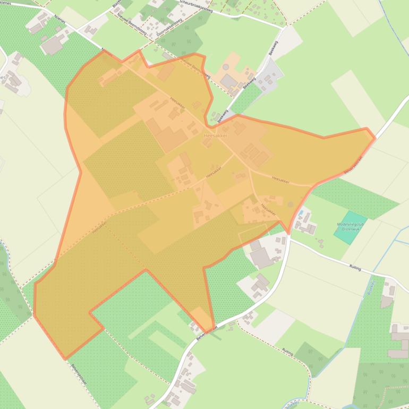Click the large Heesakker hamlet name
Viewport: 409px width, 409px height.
(215, 136)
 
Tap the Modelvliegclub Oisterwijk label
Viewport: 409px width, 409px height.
(351, 227)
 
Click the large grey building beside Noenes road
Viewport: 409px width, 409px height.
(52, 46)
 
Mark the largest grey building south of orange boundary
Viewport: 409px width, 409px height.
(261, 258)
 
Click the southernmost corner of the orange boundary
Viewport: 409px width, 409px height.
(65, 359)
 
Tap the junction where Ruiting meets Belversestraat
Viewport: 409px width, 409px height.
(290, 238)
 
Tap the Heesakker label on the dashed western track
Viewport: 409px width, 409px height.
(99, 227)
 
